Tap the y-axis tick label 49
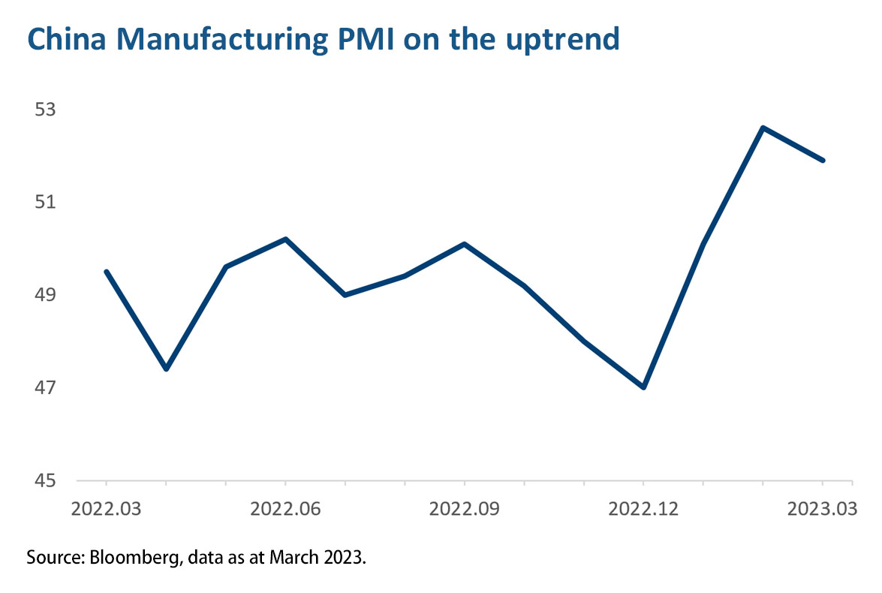point(46,295)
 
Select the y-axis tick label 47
point(46,388)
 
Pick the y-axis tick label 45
point(46,480)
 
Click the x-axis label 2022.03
point(106,509)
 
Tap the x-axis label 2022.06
point(285,509)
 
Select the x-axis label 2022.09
point(465,509)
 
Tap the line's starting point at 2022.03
point(106,272)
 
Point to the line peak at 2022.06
point(285,239)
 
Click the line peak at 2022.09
point(465,244)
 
